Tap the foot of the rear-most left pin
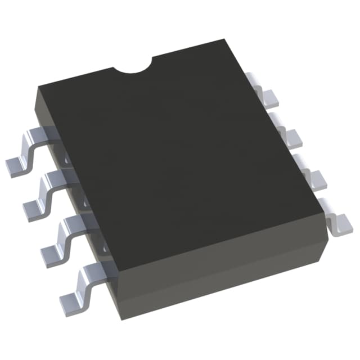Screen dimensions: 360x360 (x=16, y=165)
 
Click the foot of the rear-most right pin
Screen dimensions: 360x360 (x=269, y=100)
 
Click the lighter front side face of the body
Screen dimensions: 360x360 (x=225, y=264)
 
